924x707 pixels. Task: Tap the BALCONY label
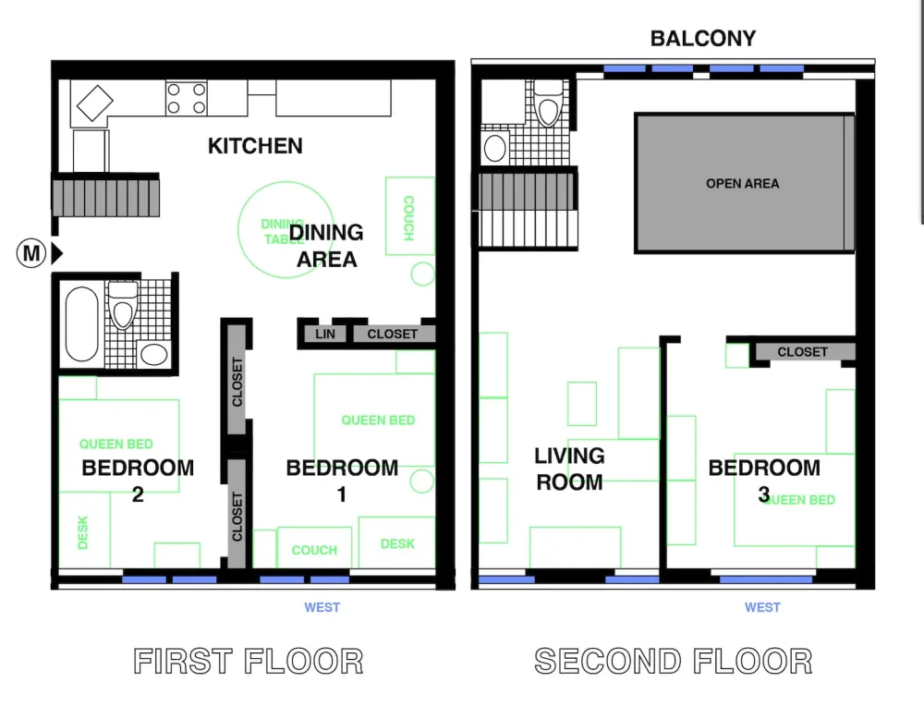[702, 39]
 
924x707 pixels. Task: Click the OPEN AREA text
[742, 184]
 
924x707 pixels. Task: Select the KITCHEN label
[255, 146]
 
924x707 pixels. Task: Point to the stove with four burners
[186, 99]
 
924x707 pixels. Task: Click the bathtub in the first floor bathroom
[81, 323]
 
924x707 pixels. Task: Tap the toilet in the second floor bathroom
[549, 106]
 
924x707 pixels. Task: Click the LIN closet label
[325, 335]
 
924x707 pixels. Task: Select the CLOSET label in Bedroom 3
[802, 352]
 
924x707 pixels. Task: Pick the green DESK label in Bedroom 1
[397, 543]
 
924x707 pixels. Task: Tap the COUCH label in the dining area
[407, 218]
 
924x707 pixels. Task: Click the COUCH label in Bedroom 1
[314, 550]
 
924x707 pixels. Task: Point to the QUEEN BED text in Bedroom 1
[378, 421]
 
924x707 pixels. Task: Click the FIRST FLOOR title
[249, 662]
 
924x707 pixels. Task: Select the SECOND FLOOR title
[674, 662]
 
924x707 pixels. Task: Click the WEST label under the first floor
[322, 607]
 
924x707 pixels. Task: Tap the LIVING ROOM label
[569, 469]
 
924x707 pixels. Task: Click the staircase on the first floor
[104, 198]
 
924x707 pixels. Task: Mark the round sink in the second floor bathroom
[496, 147]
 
